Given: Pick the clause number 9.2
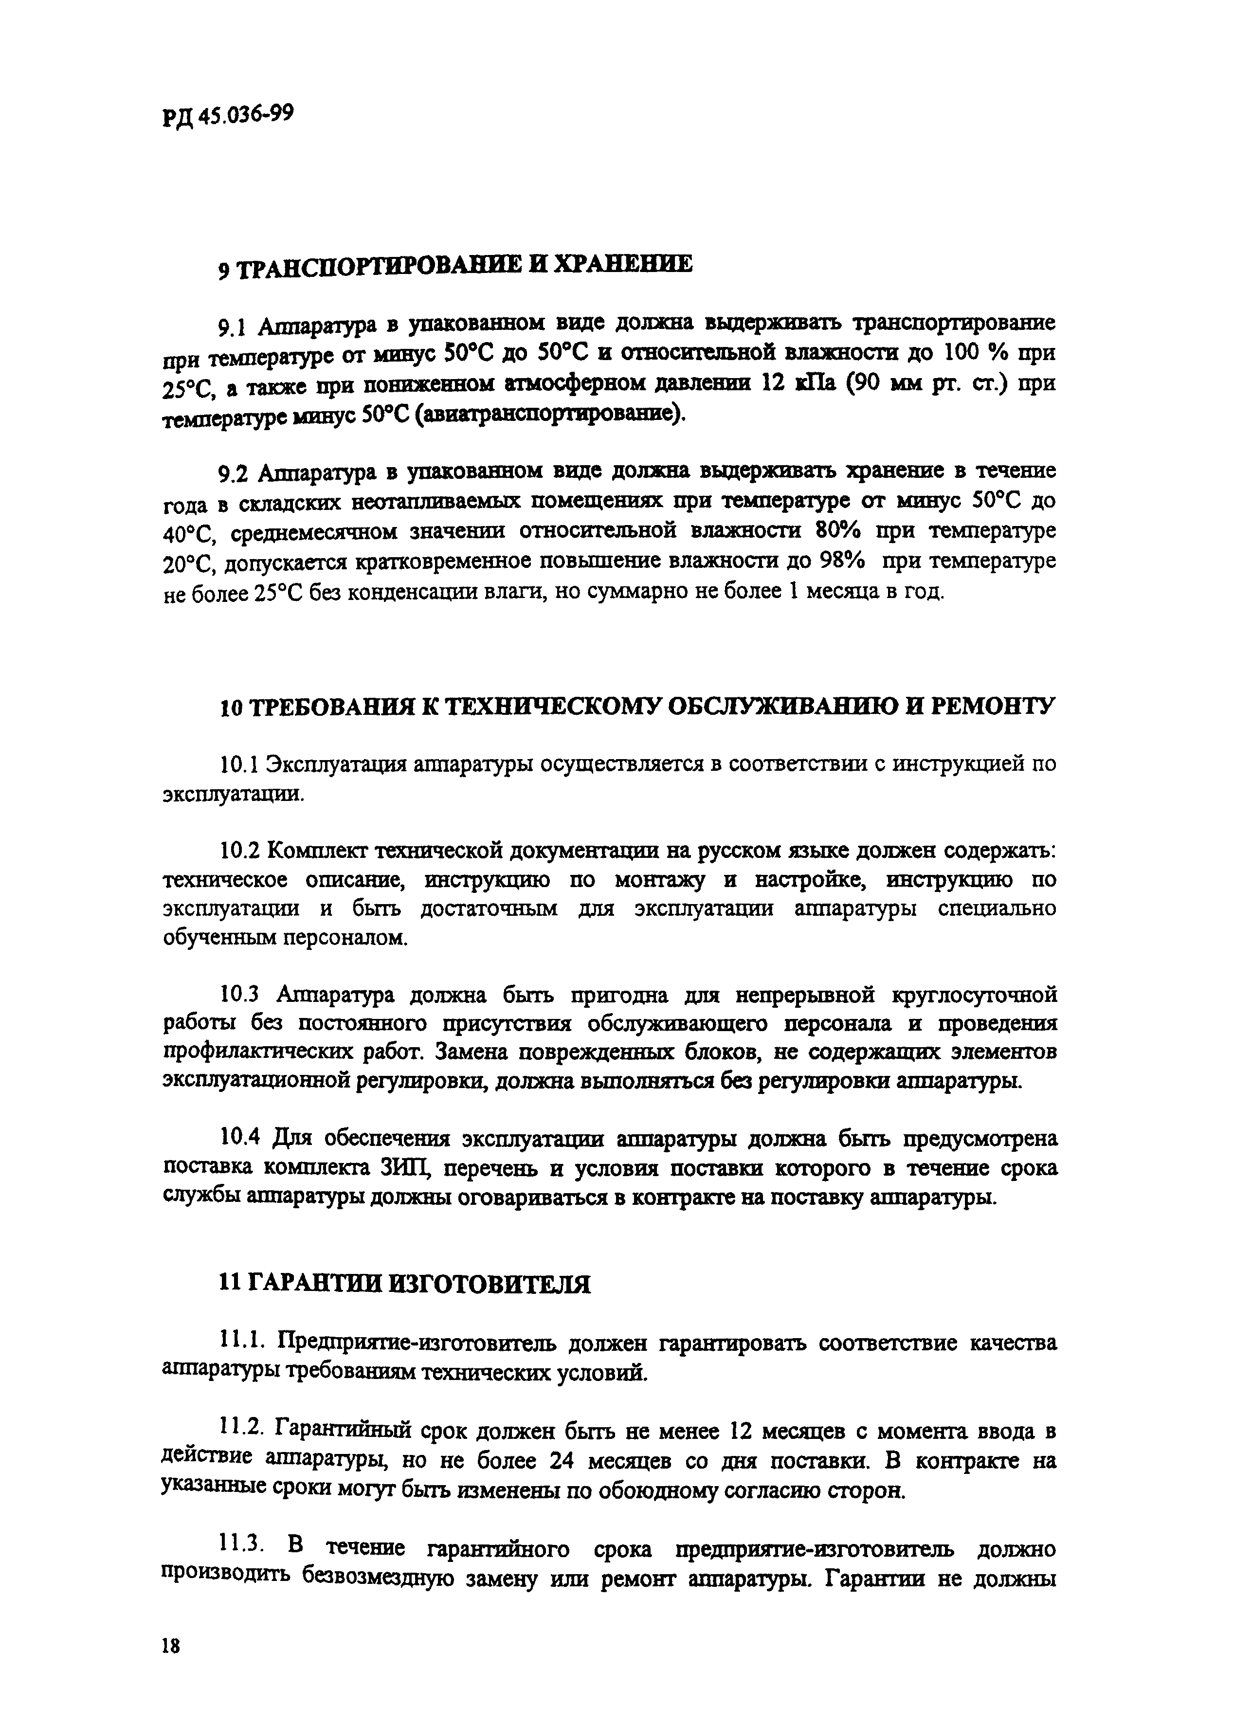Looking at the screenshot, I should coord(232,474).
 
